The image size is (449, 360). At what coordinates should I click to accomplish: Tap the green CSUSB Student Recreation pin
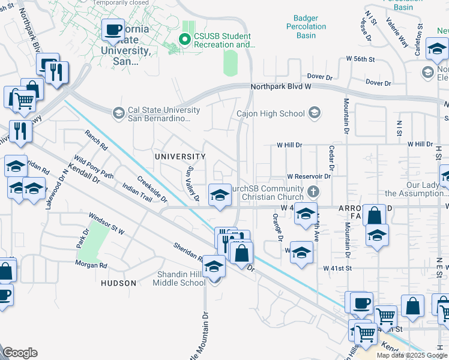point(185,40)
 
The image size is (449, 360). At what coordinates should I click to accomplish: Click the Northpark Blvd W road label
point(280,87)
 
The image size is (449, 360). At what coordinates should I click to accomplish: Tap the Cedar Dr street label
point(331,158)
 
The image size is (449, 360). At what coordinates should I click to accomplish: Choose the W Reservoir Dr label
point(309,176)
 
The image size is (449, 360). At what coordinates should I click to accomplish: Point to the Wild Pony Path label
point(93,167)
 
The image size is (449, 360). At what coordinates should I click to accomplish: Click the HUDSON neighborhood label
point(118,283)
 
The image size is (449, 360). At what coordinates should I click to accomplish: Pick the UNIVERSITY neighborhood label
point(180,157)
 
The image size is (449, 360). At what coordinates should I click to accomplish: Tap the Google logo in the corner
point(20,353)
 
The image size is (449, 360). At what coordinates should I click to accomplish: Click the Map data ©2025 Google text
point(412,355)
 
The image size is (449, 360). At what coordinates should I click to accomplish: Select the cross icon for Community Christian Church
point(312,193)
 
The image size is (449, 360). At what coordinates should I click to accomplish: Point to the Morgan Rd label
point(91,264)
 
